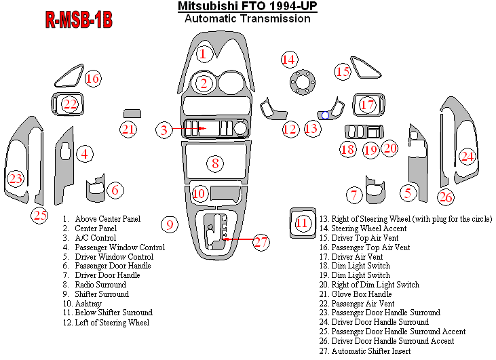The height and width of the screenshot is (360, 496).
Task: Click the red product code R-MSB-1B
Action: pos(79,20)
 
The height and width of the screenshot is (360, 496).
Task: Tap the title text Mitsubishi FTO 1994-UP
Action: pos(247,7)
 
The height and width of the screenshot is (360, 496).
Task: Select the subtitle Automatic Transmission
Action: pos(247,19)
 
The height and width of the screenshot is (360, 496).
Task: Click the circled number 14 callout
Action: pos(290,59)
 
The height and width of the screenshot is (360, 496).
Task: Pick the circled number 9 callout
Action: pos(170,224)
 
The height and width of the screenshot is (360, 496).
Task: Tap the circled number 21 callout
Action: pos(129,129)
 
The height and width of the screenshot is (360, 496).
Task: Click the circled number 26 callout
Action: pos(445,197)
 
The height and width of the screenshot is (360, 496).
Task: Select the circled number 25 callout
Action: pos(41,216)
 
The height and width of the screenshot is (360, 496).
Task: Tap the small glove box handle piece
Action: pos(132,113)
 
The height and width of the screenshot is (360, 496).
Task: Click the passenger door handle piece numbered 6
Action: pos(96,191)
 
